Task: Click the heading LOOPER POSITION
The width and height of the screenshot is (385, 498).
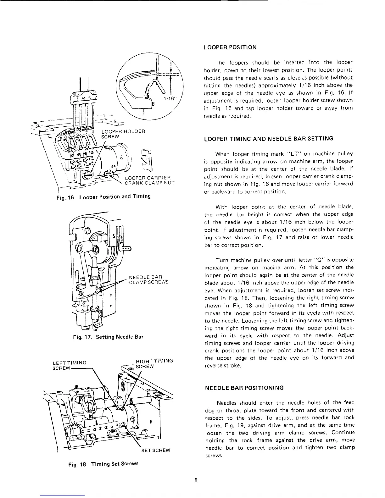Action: pos(230,47)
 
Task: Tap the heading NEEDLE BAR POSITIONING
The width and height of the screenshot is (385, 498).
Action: pos(244,388)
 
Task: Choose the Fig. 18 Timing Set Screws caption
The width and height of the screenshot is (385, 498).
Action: pos(103,464)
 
